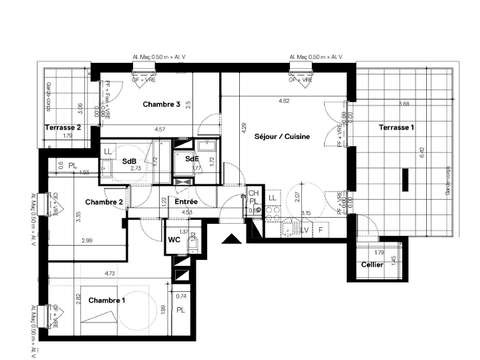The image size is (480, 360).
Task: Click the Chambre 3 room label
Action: pos(161,105)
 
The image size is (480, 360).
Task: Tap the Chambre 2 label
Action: pos(104,202)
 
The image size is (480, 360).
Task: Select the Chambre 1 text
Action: pos(107,300)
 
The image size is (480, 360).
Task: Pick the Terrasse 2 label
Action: pos(62,128)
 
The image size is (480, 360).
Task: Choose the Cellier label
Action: pos(372,267)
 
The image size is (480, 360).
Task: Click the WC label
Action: pos(174,239)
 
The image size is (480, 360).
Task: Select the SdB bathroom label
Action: pos(130,161)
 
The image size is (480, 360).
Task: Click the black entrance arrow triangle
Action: pos(232,240)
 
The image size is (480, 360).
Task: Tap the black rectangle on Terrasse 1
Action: pos(406,181)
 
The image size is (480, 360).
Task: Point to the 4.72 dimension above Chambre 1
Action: pos(112,271)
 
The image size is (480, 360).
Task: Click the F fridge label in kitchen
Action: pos(319,229)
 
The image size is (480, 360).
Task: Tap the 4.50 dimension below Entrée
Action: pos(186,212)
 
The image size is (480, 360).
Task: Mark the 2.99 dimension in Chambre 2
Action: pos(87,241)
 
